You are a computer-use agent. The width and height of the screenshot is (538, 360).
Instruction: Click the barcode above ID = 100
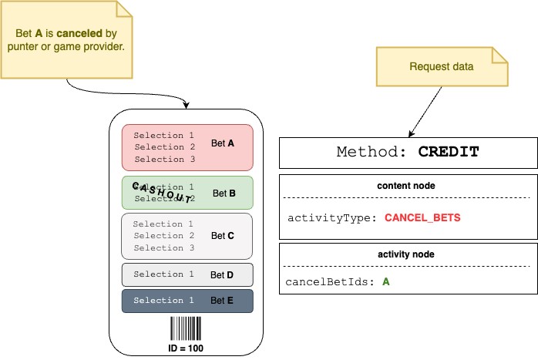point(187,330)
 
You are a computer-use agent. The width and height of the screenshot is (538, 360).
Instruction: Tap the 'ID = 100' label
point(187,348)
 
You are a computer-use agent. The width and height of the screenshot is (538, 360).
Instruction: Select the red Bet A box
point(187,147)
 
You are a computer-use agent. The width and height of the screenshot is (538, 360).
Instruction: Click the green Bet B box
point(187,193)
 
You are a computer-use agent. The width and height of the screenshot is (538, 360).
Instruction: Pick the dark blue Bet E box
point(187,300)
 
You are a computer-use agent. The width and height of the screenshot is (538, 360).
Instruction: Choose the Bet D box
point(187,274)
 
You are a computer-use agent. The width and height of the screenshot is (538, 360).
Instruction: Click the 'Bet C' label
point(223,236)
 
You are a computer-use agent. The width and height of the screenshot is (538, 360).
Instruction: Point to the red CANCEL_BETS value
point(422,218)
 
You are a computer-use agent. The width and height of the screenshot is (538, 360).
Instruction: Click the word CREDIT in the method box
point(448,152)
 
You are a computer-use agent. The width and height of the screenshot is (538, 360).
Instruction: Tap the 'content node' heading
point(408,187)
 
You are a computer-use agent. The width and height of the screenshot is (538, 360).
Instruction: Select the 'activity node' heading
point(408,254)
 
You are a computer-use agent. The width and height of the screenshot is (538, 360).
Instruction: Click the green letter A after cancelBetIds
point(385,282)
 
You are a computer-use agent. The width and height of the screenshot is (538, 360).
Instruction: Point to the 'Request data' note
point(442,66)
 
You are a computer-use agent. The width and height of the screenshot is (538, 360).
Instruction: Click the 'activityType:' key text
point(332,218)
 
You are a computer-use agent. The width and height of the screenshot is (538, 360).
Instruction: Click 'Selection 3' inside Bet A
point(164,160)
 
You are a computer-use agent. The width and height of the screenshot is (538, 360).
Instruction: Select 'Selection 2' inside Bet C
point(163,236)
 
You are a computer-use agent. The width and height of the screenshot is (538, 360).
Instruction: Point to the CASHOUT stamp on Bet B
point(162,193)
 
